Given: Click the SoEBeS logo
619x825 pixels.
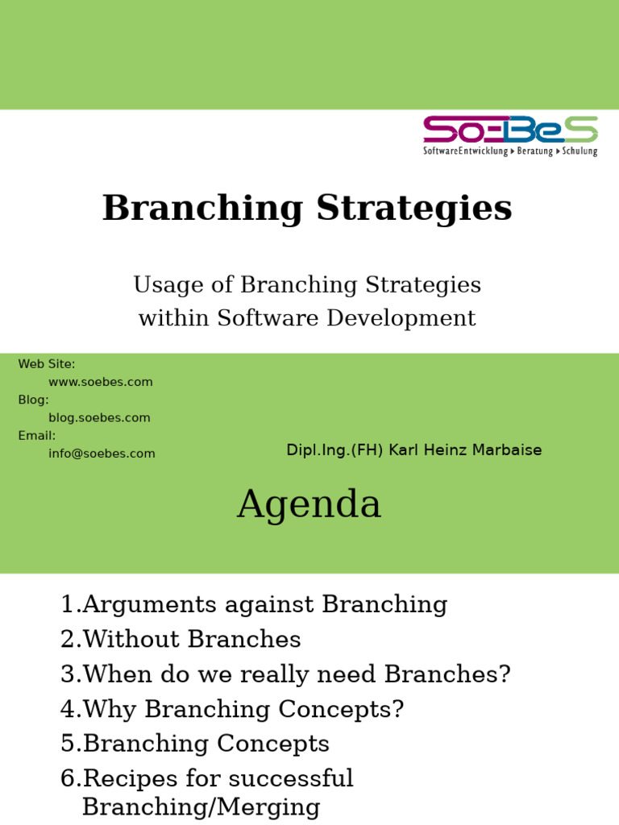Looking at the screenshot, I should [510, 135].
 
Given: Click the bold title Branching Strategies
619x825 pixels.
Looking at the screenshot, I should [307, 208].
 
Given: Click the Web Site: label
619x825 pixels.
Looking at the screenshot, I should [47, 364].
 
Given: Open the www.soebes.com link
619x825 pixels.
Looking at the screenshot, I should [100, 382].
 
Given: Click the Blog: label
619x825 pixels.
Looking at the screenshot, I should [33, 400].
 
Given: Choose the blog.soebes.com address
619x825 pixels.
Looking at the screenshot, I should [99, 417].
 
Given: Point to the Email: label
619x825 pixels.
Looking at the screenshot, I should [36, 435].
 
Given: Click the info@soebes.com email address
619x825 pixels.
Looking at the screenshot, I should [102, 454].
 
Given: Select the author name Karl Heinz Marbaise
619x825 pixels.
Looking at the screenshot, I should [465, 450].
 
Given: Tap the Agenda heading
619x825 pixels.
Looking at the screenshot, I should [309, 505].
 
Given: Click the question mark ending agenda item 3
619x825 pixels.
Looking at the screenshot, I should [505, 674].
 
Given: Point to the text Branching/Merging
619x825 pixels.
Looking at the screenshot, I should [201, 807].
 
